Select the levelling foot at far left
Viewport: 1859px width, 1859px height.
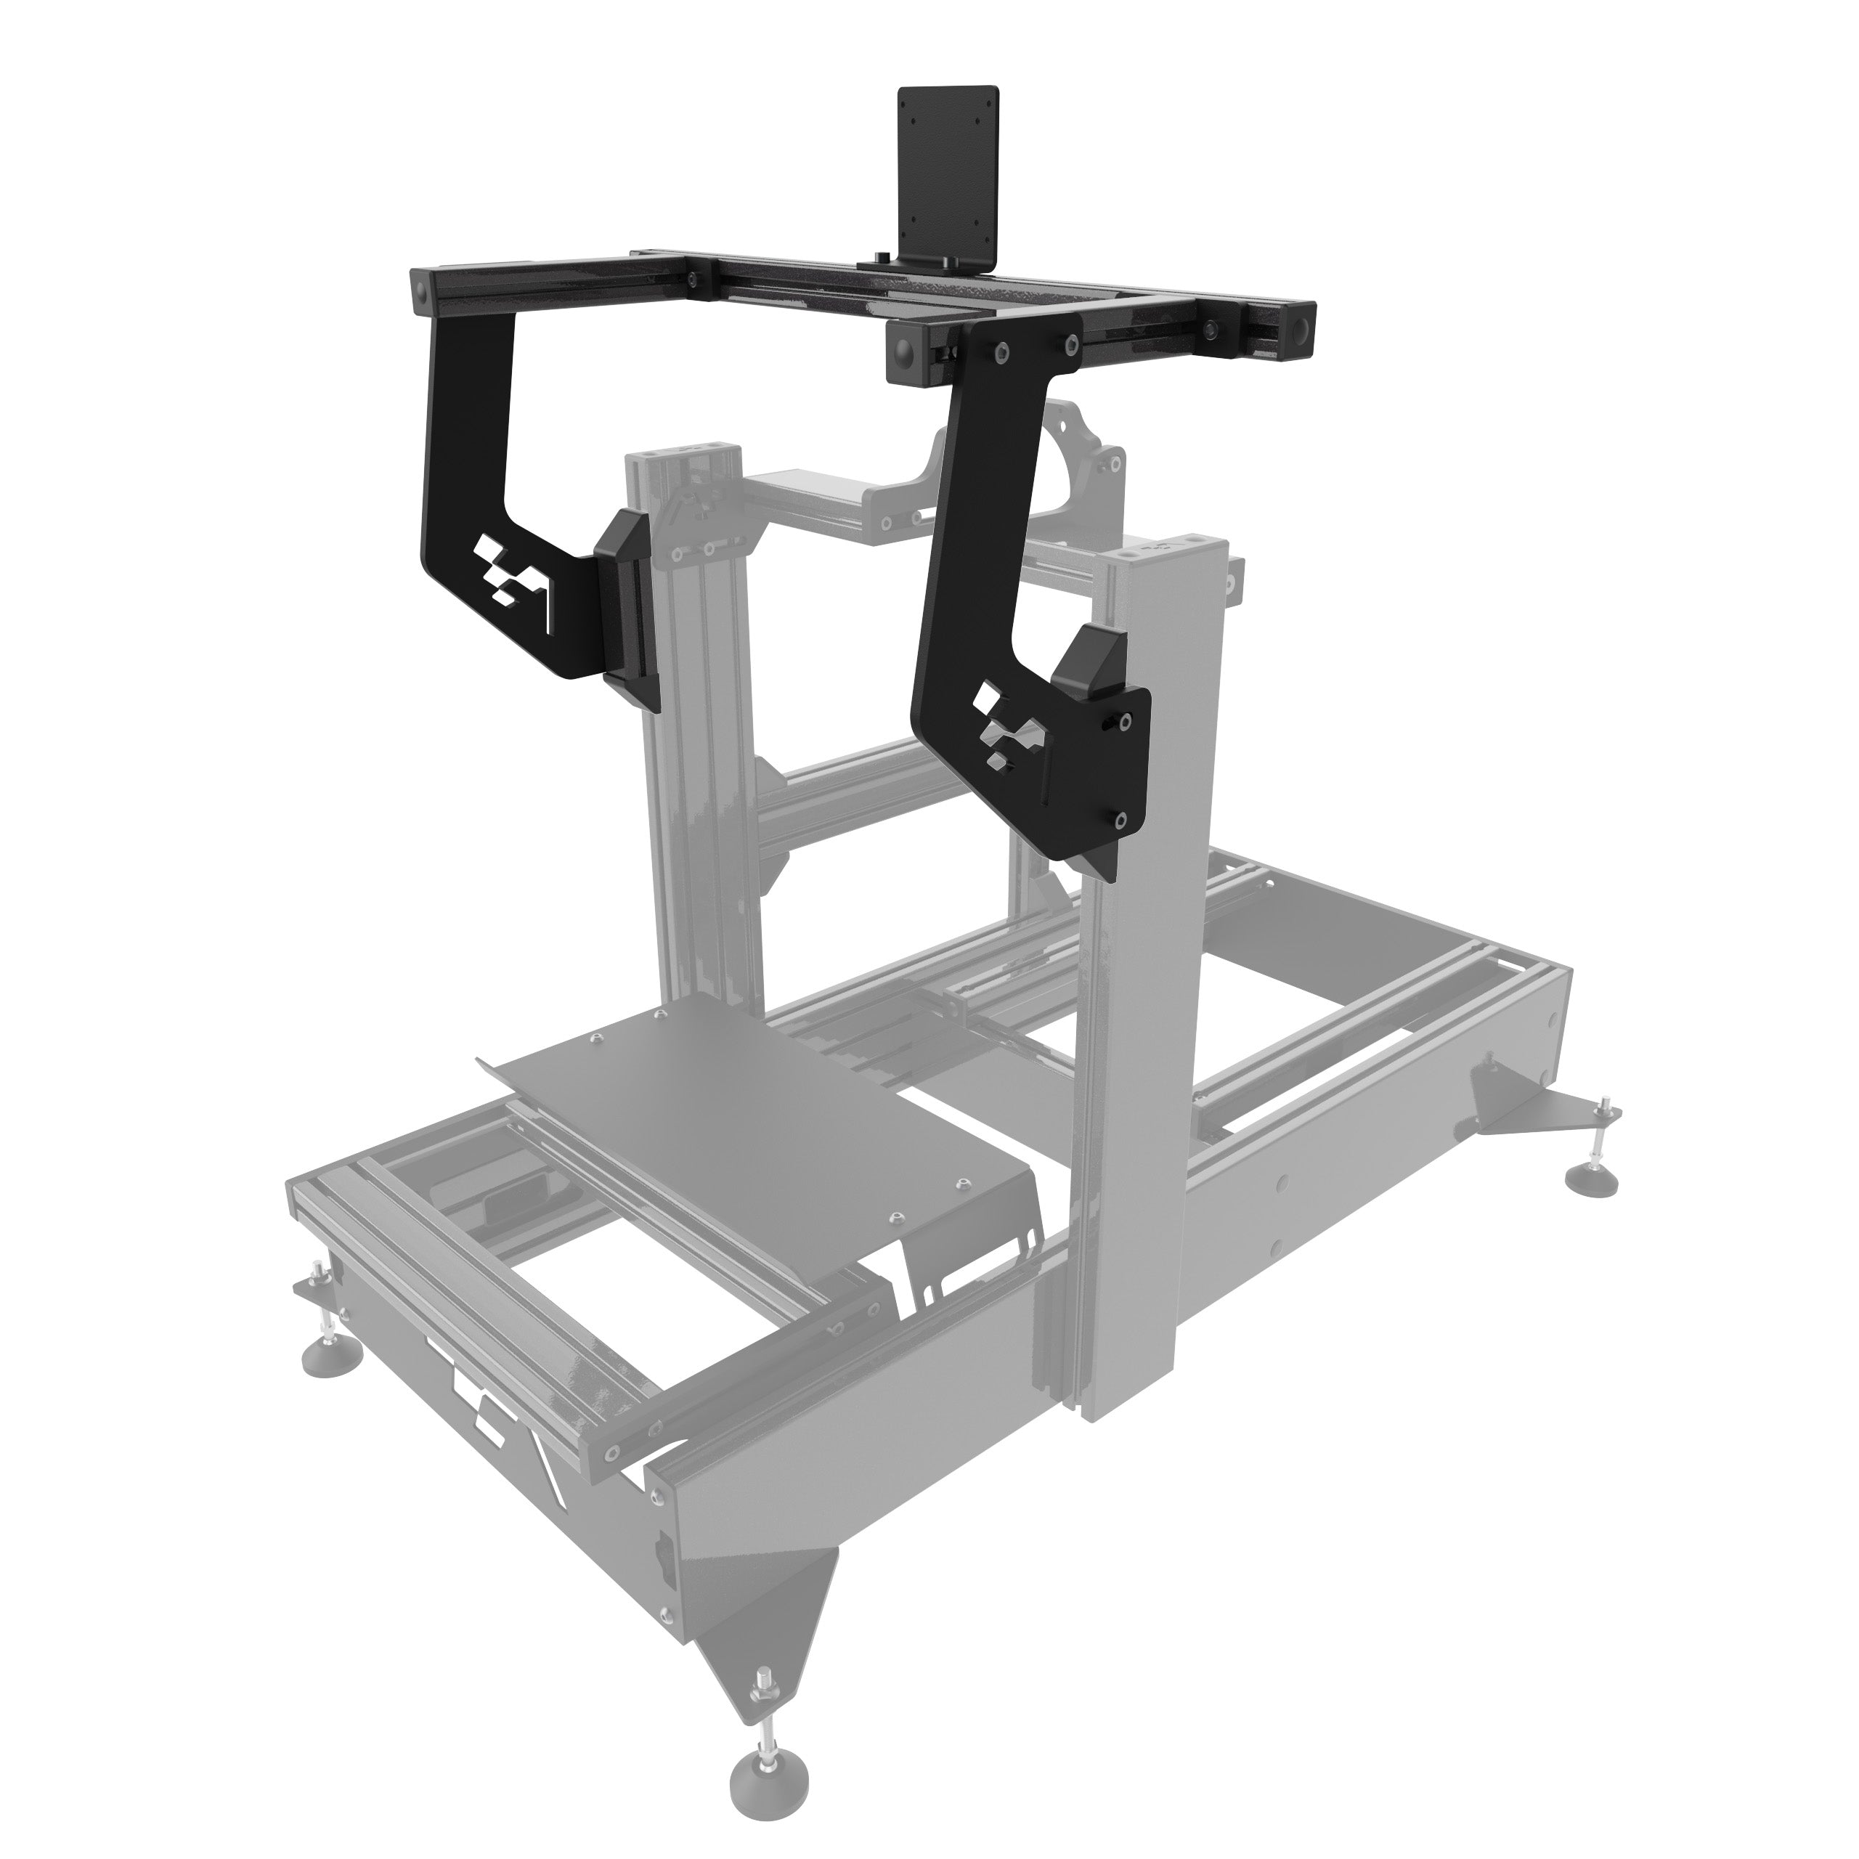[x=332, y=1356]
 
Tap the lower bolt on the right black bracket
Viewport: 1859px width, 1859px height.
[x=1122, y=821]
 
